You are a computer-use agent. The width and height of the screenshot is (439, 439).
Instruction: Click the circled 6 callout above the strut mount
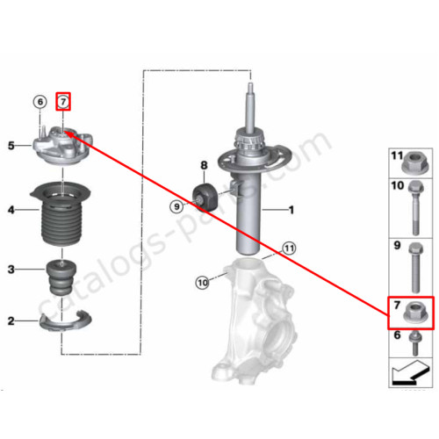pos(40,102)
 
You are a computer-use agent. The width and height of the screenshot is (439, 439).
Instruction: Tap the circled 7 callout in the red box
pos(63,102)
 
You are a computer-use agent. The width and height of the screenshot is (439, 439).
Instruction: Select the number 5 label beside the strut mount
pos(11,146)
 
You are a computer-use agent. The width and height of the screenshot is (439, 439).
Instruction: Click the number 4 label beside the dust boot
pos(11,210)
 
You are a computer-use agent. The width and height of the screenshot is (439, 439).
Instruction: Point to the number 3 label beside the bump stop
pos(11,270)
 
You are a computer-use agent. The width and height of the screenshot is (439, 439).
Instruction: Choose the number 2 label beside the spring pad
pos(11,321)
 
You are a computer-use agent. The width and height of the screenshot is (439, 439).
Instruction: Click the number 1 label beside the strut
pos(291,210)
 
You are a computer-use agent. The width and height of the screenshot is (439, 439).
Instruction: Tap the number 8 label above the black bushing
pos(204,166)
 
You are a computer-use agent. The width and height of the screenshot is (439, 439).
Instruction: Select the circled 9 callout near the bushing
pos(176,207)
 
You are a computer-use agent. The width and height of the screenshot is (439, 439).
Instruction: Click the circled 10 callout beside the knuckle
pos(203,283)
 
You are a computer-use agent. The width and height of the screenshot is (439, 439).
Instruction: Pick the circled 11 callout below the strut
pos(289,248)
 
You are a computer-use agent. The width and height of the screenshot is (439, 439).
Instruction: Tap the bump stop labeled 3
pos(61,277)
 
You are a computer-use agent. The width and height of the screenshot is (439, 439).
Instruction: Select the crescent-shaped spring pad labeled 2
pos(65,322)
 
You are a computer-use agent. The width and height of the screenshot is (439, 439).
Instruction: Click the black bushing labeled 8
pos(205,197)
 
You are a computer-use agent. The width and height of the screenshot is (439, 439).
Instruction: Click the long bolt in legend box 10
pos(416,208)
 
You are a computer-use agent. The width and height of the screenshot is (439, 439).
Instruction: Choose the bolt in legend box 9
pos(416,268)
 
